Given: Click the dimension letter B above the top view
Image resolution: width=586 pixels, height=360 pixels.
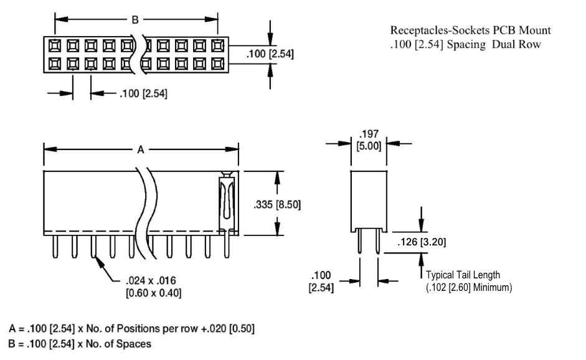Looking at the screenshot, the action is pyautogui.click(x=135, y=19).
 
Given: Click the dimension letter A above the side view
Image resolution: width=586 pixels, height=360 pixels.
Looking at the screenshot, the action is pyautogui.click(x=141, y=149).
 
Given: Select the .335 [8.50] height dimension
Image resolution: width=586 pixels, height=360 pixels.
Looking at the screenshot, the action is pyautogui.click(x=277, y=204).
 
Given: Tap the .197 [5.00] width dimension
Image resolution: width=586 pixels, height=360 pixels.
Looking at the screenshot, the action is pyautogui.click(x=369, y=140).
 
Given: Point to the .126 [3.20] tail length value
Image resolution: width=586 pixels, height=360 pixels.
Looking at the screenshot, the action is pyautogui.click(x=422, y=242).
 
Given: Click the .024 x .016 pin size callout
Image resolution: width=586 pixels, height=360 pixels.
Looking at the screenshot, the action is pyautogui.click(x=154, y=287).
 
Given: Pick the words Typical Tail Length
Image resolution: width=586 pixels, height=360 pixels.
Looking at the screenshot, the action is pyautogui.click(x=463, y=275).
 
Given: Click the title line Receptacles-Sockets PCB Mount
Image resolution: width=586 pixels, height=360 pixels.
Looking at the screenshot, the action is pyautogui.click(x=471, y=31).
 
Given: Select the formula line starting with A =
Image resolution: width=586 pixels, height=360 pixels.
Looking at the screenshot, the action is pyautogui.click(x=131, y=329).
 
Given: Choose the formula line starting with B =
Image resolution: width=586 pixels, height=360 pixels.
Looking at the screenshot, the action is pyautogui.click(x=80, y=344).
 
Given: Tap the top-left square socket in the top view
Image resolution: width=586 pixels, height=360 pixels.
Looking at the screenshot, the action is pyautogui.click(x=55, y=45).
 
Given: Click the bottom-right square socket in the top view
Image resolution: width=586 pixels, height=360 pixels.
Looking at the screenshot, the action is pyautogui.click(x=217, y=64).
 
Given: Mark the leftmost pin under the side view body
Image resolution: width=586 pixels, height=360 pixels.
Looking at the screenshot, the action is pyautogui.click(x=55, y=247).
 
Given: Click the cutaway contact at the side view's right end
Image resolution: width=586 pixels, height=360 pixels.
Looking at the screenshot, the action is pyautogui.click(x=227, y=204).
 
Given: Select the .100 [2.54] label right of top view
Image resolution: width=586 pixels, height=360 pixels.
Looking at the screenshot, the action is pyautogui.click(x=270, y=54).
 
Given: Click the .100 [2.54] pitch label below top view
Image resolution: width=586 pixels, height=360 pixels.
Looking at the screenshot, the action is pyautogui.click(x=143, y=93).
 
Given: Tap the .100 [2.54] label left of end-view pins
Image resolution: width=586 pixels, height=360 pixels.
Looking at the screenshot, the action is pyautogui.click(x=321, y=282).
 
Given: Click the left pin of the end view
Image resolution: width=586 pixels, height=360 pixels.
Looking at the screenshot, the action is pyautogui.click(x=359, y=241).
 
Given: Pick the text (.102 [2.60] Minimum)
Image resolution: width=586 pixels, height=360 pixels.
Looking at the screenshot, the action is pyautogui.click(x=469, y=288).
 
